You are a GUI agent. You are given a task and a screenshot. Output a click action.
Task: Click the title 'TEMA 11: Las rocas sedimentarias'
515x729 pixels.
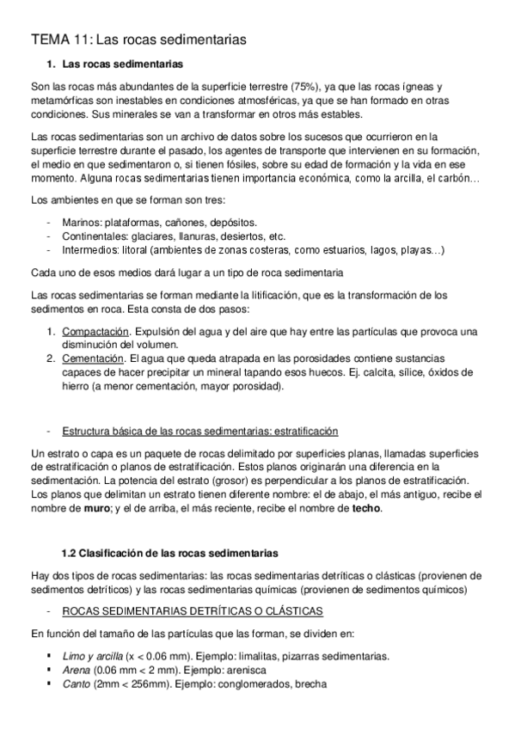138,39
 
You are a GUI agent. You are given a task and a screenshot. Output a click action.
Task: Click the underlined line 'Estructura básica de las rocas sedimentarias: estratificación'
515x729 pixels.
199,430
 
